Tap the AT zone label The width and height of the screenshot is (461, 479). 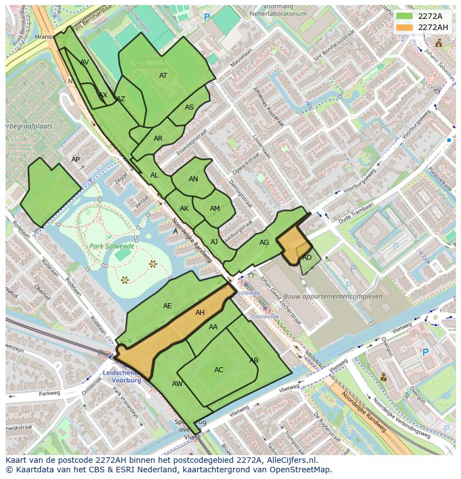click(163, 76)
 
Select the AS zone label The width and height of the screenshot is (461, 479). click(189, 107)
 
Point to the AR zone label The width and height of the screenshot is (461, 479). click(158, 139)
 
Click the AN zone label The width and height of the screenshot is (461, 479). click(193, 179)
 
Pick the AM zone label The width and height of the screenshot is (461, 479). click(215, 209)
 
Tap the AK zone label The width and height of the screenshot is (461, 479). click(184, 209)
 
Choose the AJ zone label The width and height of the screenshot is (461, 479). click(214, 242)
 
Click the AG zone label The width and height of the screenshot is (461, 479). click(264, 243)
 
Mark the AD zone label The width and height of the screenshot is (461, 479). click(307, 258)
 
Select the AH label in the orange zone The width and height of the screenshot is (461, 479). click(200, 313)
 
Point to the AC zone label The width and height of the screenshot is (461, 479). click(219, 370)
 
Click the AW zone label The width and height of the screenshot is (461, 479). click(177, 384)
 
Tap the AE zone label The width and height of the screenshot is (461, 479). click(168, 306)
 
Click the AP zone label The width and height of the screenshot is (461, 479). click(76, 160)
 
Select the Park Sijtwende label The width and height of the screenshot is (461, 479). click(111, 245)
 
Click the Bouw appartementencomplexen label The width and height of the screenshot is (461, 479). click(333, 297)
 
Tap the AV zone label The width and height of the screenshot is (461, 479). click(85, 62)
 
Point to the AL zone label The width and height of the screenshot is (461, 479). click(154, 175)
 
